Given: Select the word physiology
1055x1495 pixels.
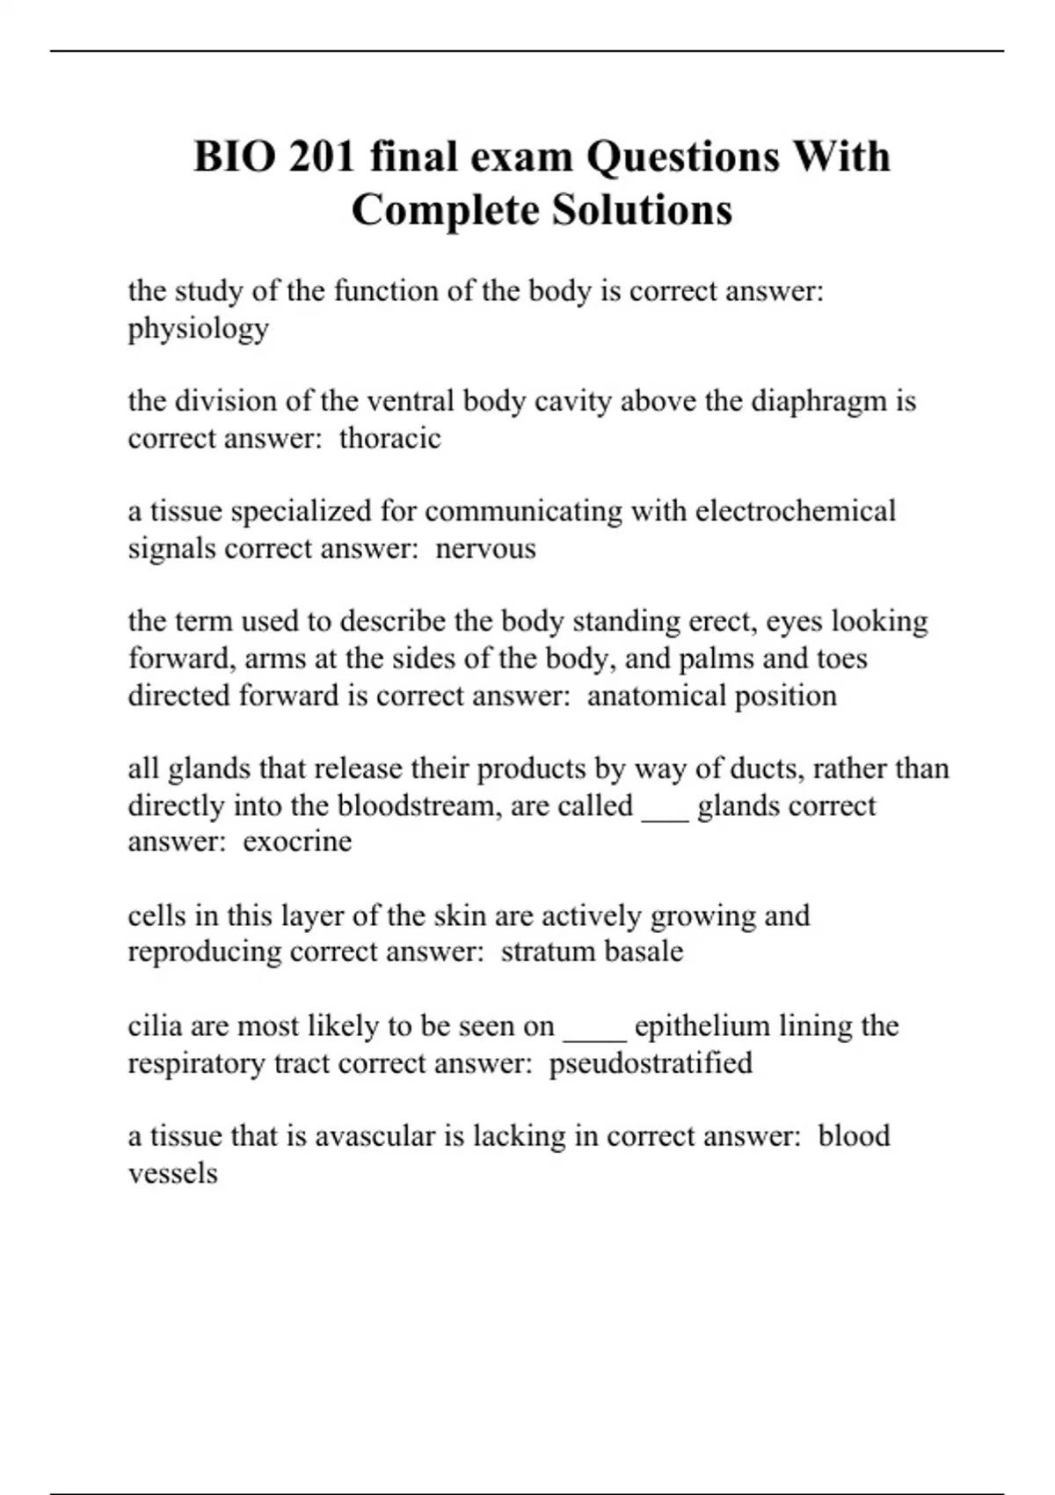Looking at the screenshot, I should (198, 329).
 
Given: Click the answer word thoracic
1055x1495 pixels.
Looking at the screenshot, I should (389, 438).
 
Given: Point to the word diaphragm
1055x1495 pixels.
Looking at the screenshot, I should (819, 401).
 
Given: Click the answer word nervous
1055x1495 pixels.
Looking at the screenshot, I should (485, 549).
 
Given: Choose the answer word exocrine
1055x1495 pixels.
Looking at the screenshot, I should (297, 842).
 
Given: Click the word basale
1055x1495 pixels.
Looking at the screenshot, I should (642, 952).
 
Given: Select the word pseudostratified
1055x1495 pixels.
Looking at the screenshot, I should (651, 1063).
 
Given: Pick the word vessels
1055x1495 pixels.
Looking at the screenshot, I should (172, 1173).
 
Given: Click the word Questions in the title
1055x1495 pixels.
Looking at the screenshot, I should (683, 157).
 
